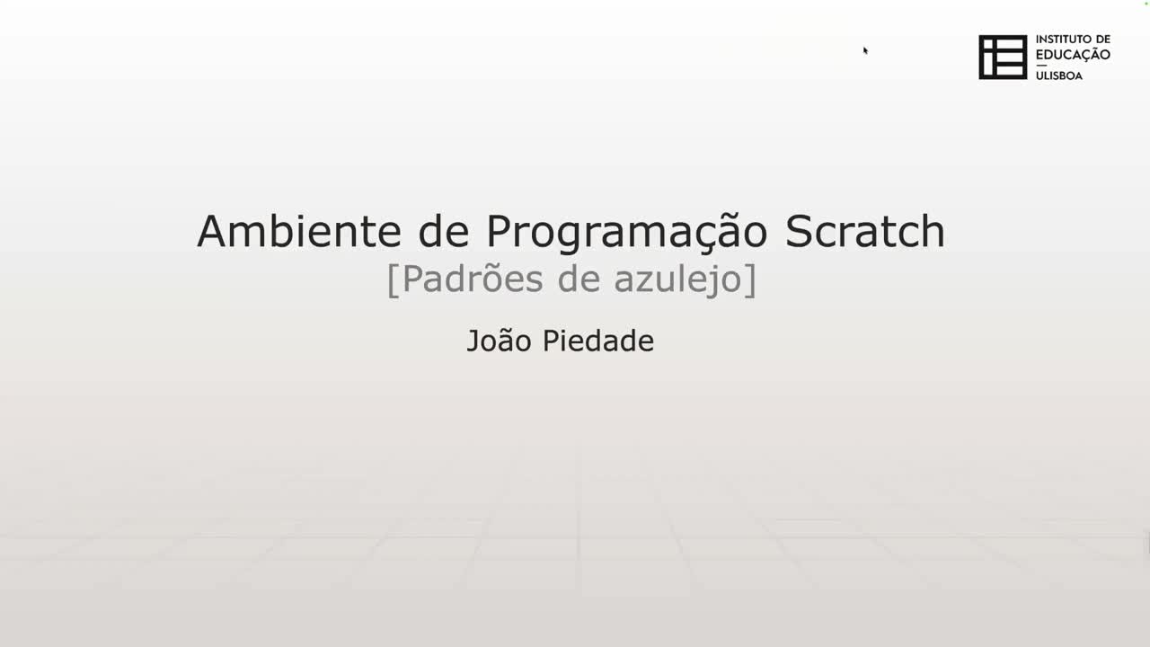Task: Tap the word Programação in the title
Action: coord(627,233)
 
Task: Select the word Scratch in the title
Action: coord(864,231)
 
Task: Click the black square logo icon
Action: coord(1003,58)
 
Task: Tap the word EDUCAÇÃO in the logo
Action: coord(1073,54)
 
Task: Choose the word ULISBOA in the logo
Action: coord(1059,75)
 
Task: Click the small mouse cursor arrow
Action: coord(865,50)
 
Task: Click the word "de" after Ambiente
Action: coord(444,231)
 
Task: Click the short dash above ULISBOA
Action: coord(1041,65)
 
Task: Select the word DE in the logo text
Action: coord(1102,40)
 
